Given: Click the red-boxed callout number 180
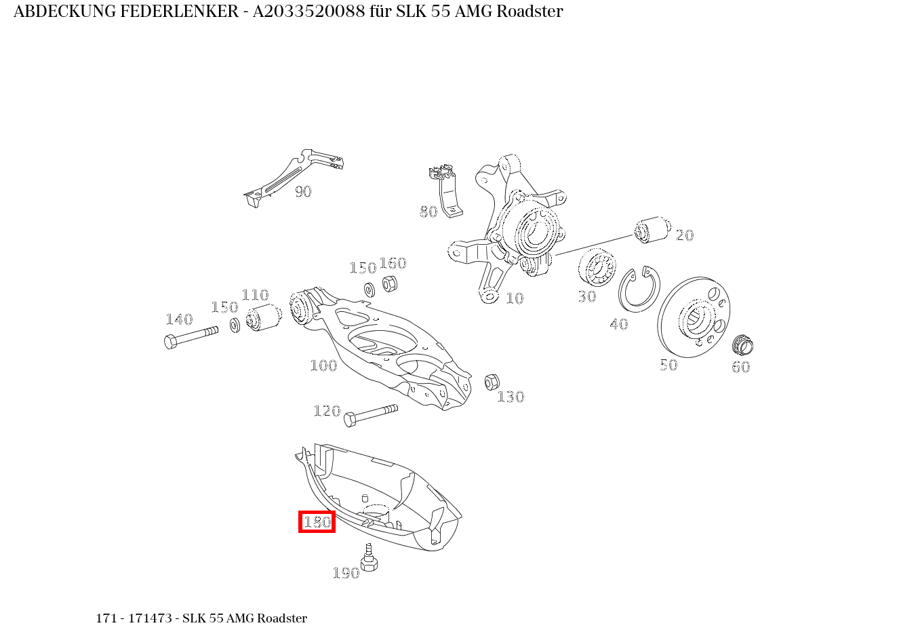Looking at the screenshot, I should (317, 522).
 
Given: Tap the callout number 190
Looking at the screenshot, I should (345, 574).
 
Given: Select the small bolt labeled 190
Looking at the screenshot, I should (369, 559).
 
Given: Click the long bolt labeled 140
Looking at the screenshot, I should (191, 336).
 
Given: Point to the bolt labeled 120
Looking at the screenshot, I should (370, 414).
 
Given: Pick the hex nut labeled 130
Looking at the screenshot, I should (492, 382).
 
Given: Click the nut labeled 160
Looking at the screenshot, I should (389, 283).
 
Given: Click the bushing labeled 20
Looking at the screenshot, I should (652, 230).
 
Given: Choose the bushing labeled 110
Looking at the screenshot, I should (264, 317).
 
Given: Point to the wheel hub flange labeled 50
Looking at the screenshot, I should (694, 317).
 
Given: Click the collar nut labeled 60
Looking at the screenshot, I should (743, 345).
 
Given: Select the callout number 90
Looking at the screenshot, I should (303, 192).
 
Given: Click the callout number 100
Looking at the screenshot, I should (323, 365).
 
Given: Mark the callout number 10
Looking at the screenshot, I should (515, 298).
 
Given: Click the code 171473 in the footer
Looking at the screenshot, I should (152, 618).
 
